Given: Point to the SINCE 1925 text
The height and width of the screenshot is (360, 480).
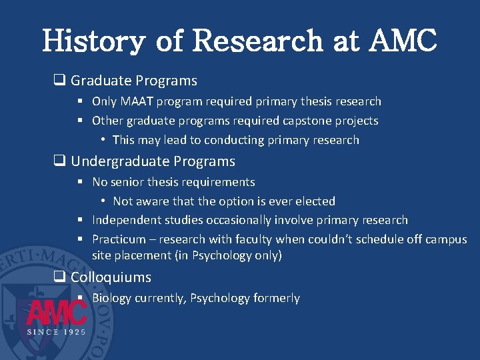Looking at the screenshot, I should point(57,332).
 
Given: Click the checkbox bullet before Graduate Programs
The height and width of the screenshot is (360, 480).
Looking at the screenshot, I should point(59,81).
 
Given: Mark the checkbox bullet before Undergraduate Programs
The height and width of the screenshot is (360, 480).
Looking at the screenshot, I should point(59,161).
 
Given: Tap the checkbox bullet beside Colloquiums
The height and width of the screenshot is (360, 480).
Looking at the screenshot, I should point(59,277).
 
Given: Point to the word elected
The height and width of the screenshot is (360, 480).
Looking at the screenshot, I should point(313,201).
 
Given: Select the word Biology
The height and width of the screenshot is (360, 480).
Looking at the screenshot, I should point(111,298).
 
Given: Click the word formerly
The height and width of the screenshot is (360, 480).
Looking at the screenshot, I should point(277,298).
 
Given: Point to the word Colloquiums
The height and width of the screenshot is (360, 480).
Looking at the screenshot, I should point(111,277).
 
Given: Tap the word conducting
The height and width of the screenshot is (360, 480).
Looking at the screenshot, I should point(233,140).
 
